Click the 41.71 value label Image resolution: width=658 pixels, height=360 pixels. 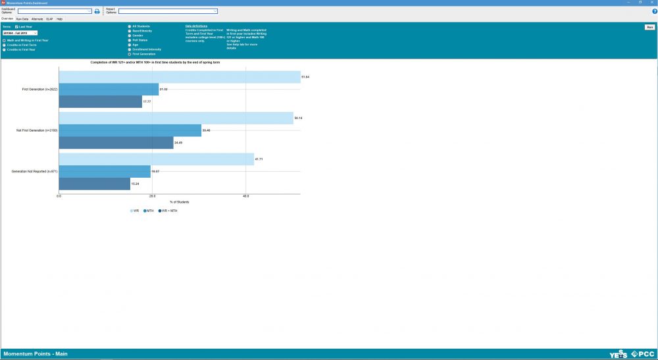point(259,159)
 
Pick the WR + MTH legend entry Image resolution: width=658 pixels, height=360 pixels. point(167,211)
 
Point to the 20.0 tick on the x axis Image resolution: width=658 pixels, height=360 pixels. point(153,196)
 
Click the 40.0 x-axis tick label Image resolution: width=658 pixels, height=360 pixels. point(246,196)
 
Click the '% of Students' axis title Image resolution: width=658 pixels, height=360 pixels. point(180,201)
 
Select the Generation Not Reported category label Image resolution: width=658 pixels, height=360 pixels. point(34,171)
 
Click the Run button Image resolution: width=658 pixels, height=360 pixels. point(649,27)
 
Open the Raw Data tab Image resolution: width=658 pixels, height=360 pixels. point(22,19)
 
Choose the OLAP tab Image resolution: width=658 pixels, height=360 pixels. point(49,19)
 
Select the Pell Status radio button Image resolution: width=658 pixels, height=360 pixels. point(130,39)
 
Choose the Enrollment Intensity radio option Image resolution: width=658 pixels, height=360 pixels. point(130,49)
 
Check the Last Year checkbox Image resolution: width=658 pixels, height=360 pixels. point(17,27)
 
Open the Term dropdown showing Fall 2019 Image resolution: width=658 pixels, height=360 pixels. point(20,32)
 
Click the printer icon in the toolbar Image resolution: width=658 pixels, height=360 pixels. point(97,11)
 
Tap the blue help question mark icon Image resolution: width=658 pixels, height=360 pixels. point(654,11)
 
